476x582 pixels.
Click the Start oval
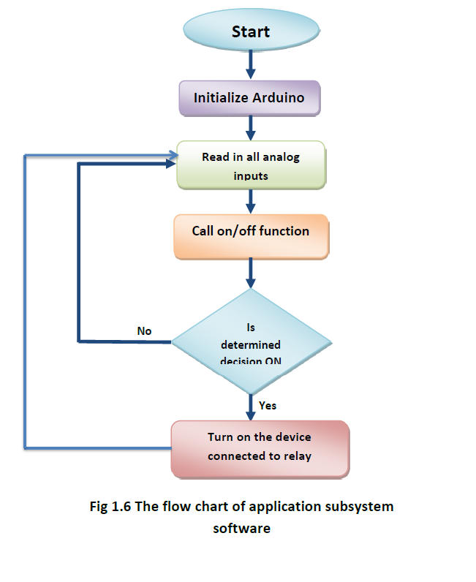click(251, 31)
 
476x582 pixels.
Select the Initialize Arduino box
click(251, 98)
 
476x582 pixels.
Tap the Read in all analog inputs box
click(251, 166)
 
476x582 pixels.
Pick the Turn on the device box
click(259, 447)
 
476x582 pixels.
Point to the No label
click(144, 331)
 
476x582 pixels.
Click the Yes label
click(268, 405)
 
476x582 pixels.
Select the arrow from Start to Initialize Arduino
click(251, 64)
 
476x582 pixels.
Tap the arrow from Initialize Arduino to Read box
click(251, 127)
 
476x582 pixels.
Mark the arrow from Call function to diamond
click(251, 273)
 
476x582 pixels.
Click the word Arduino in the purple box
click(281, 98)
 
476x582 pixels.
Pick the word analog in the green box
click(281, 157)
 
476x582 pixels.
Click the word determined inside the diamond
click(252, 344)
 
